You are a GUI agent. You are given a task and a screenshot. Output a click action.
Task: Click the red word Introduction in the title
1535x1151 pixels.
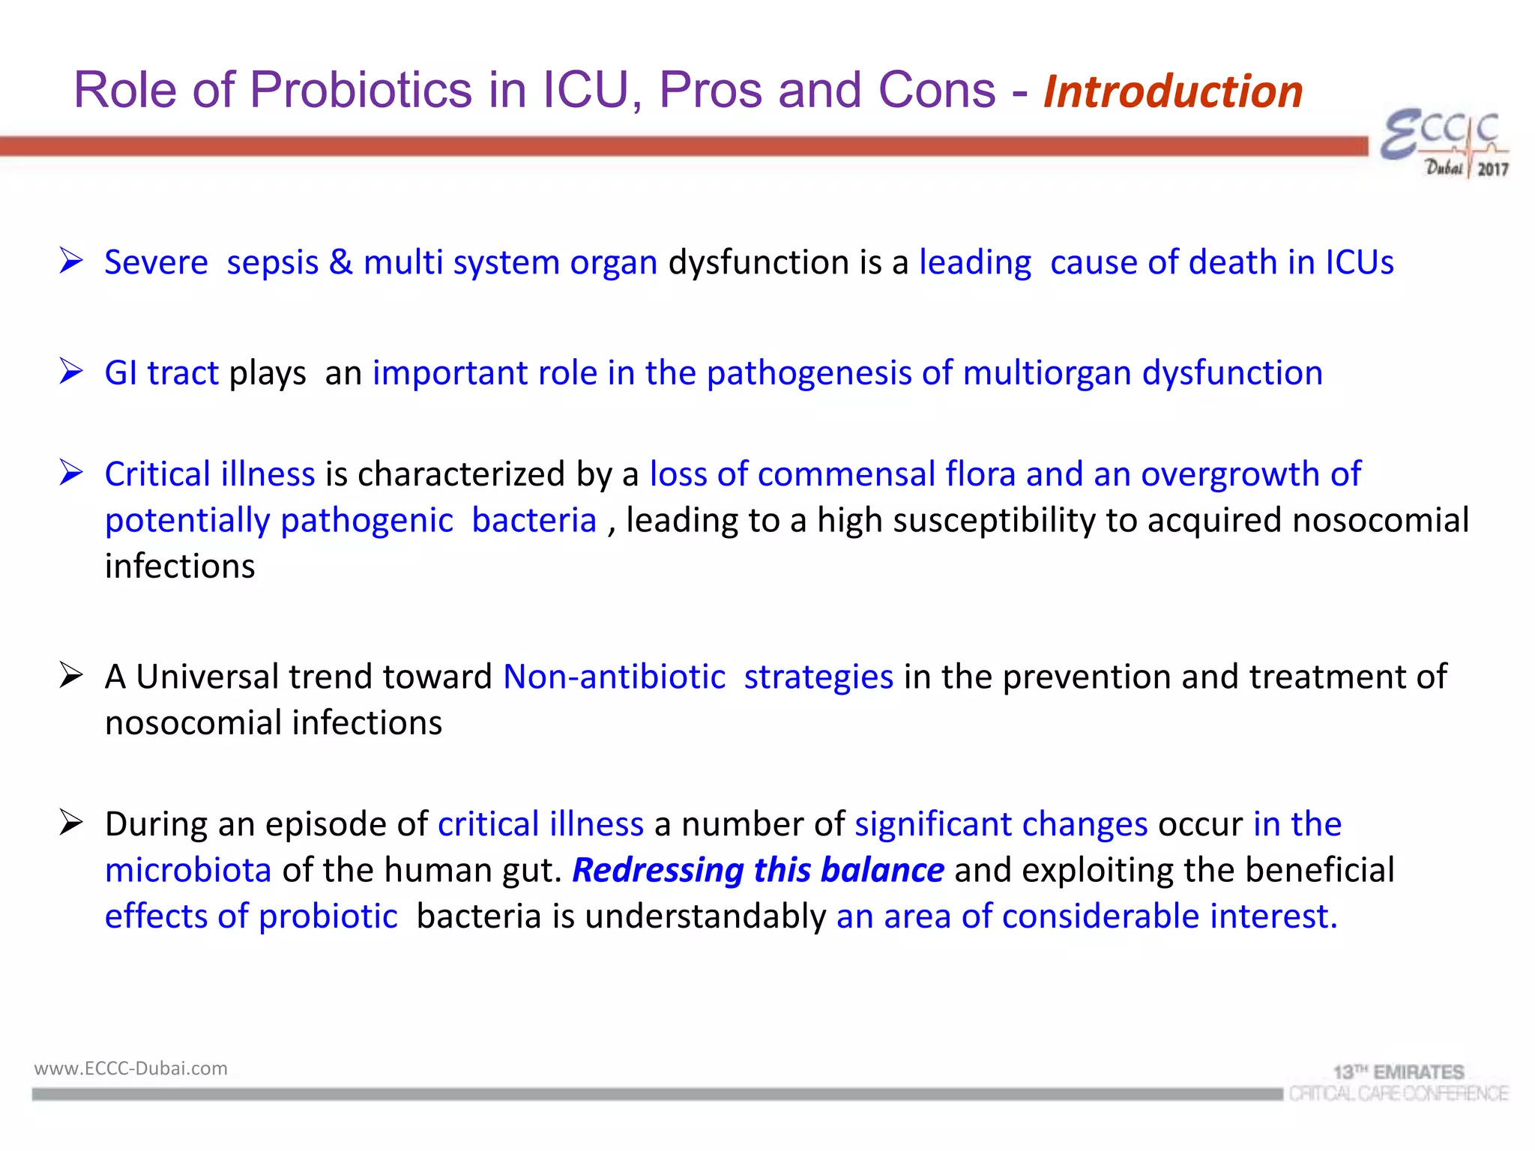pyautogui.click(x=1173, y=91)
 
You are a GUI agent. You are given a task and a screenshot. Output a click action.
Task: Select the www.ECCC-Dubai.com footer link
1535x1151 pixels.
pyautogui.click(x=130, y=1068)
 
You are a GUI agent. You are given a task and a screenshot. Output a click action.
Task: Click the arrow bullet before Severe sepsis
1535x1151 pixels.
pyautogui.click(x=71, y=261)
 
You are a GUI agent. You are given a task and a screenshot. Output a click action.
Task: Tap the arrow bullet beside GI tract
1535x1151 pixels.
pyautogui.click(x=71, y=372)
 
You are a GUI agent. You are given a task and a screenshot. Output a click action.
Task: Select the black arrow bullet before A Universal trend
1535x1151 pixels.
pyautogui.click(x=71, y=675)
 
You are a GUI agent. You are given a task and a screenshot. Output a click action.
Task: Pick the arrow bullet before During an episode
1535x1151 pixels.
pyautogui.click(x=71, y=823)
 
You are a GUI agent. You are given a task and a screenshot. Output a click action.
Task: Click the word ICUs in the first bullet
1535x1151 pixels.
pyautogui.click(x=1360, y=262)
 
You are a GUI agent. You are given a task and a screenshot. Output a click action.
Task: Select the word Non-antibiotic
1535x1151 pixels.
pyautogui.click(x=614, y=677)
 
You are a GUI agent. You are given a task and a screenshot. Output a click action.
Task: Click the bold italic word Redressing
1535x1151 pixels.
pyautogui.click(x=658, y=870)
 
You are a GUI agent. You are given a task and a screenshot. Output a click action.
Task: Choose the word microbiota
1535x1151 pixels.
pyautogui.click(x=188, y=870)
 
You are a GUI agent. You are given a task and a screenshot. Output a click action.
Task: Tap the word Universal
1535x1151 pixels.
pyautogui.click(x=208, y=677)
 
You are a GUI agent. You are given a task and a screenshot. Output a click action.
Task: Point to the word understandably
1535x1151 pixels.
pyautogui.click(x=705, y=916)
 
